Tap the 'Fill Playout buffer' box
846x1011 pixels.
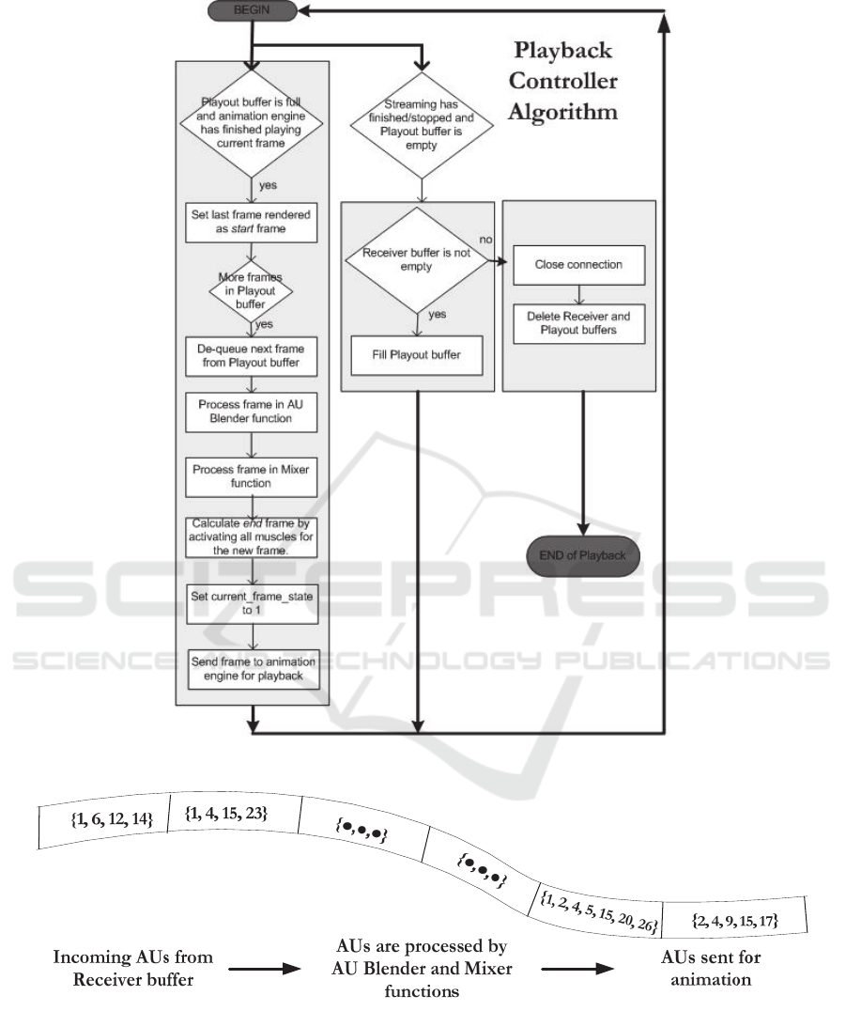tap(416, 356)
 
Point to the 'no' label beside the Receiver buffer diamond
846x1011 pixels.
tap(485, 241)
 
